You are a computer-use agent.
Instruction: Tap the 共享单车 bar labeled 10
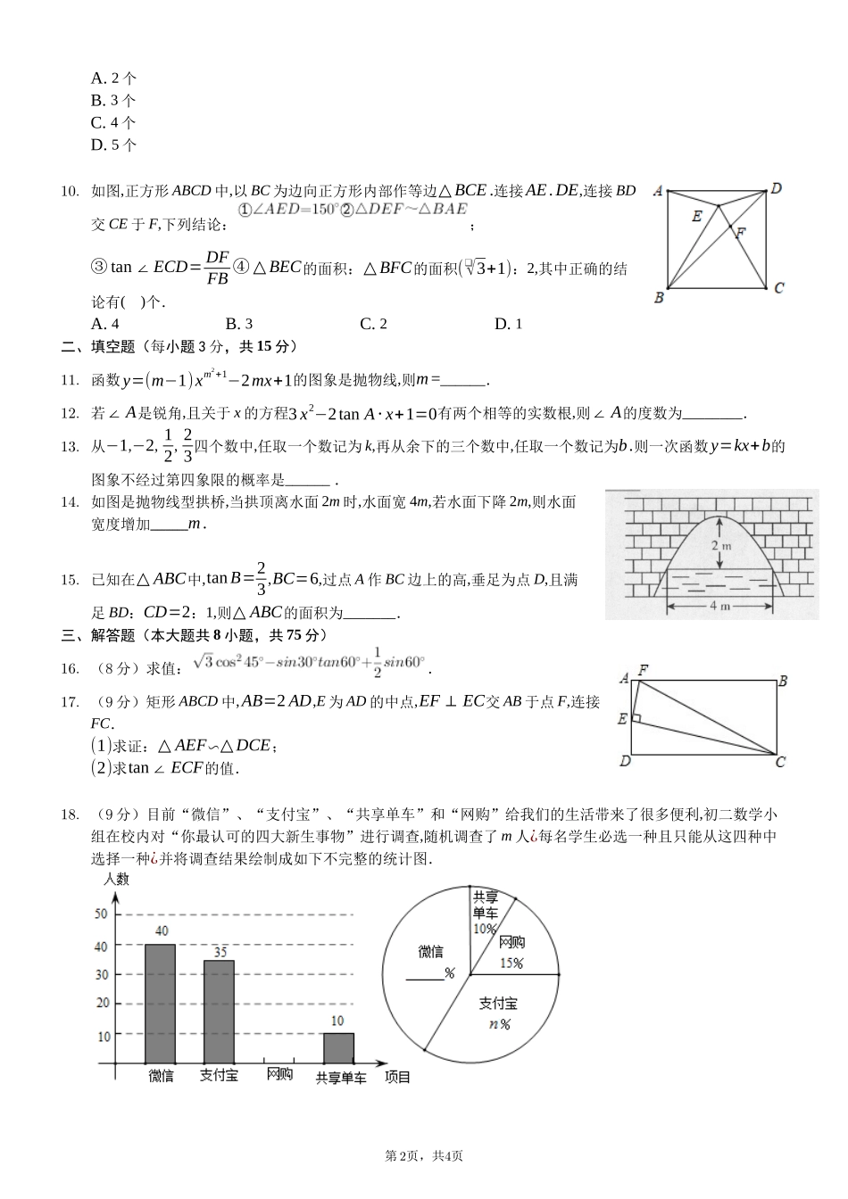[x=338, y=1047]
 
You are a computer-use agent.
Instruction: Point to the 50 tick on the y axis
[x=101, y=914]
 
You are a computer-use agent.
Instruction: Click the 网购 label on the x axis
[x=279, y=1075]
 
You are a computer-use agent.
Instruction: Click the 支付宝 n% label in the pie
[x=498, y=1013]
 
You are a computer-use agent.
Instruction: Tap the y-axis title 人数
[x=117, y=879]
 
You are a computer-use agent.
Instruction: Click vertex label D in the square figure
[x=777, y=188]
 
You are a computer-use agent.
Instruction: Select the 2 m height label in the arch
[x=721, y=544]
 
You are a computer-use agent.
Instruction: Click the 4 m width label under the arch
[x=719, y=606]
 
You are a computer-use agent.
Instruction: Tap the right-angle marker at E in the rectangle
[x=636, y=717]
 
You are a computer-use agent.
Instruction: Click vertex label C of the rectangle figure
[x=780, y=761]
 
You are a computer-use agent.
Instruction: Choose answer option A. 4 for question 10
[x=105, y=324]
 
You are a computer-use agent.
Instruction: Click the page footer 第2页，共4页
[x=423, y=1156]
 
